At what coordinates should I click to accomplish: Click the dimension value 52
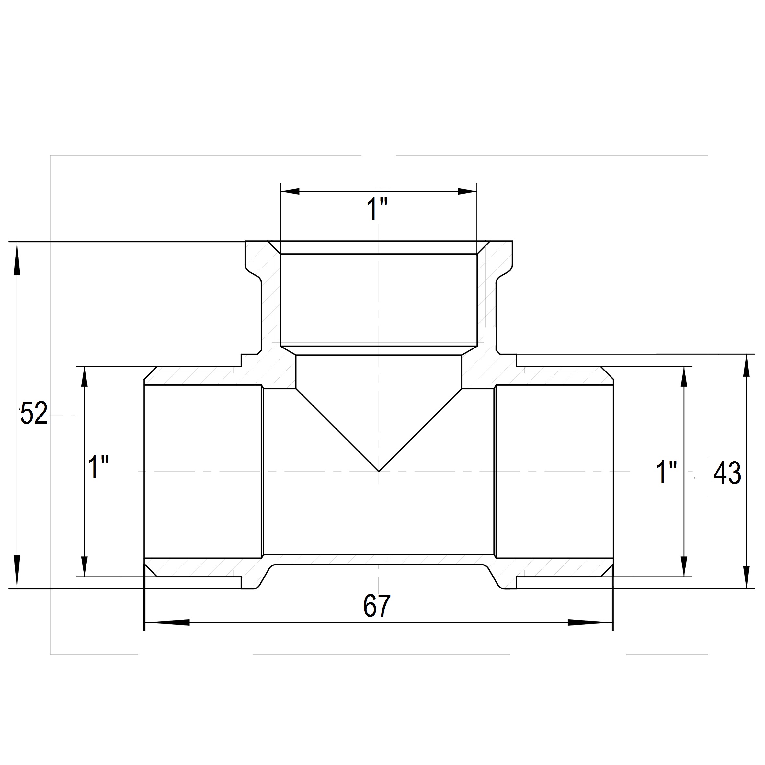coord(34,413)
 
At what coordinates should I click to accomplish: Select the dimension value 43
coord(727,474)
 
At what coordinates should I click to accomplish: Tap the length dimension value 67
coord(377,605)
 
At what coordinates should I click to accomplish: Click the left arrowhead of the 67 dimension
coord(167,622)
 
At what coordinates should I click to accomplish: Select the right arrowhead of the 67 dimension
coord(590,622)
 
